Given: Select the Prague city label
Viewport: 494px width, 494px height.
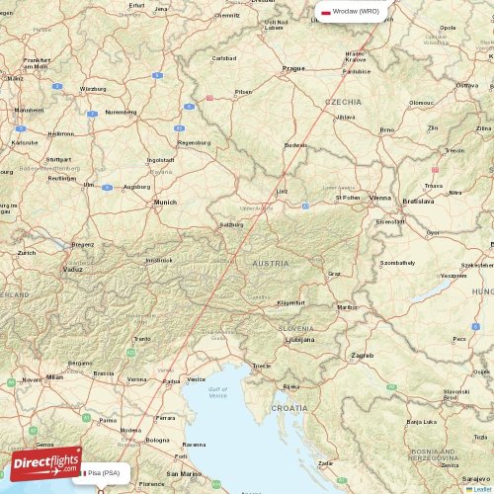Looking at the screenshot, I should click(x=293, y=68).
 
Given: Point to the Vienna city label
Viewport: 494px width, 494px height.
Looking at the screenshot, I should click(x=380, y=198).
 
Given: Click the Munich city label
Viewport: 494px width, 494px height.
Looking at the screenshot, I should click(x=164, y=203).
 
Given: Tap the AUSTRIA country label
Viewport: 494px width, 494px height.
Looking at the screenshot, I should click(x=270, y=264).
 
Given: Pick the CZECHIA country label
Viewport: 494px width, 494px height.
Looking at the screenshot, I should click(x=343, y=102).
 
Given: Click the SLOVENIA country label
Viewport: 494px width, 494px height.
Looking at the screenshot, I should click(x=294, y=328).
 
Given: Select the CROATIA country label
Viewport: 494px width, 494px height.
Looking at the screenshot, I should click(x=289, y=407).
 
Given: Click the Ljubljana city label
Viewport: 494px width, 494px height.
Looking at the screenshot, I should click(x=299, y=339).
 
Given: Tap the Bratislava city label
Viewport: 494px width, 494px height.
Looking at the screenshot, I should click(x=418, y=201).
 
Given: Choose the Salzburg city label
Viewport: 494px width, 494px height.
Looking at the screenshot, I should click(x=231, y=224).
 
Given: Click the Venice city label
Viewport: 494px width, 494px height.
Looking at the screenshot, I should click(x=197, y=379).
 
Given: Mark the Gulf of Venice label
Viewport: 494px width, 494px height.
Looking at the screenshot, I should click(x=218, y=393).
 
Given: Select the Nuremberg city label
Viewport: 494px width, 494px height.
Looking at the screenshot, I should click(x=122, y=112).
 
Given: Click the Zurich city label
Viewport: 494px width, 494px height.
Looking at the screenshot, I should click(x=26, y=253).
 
